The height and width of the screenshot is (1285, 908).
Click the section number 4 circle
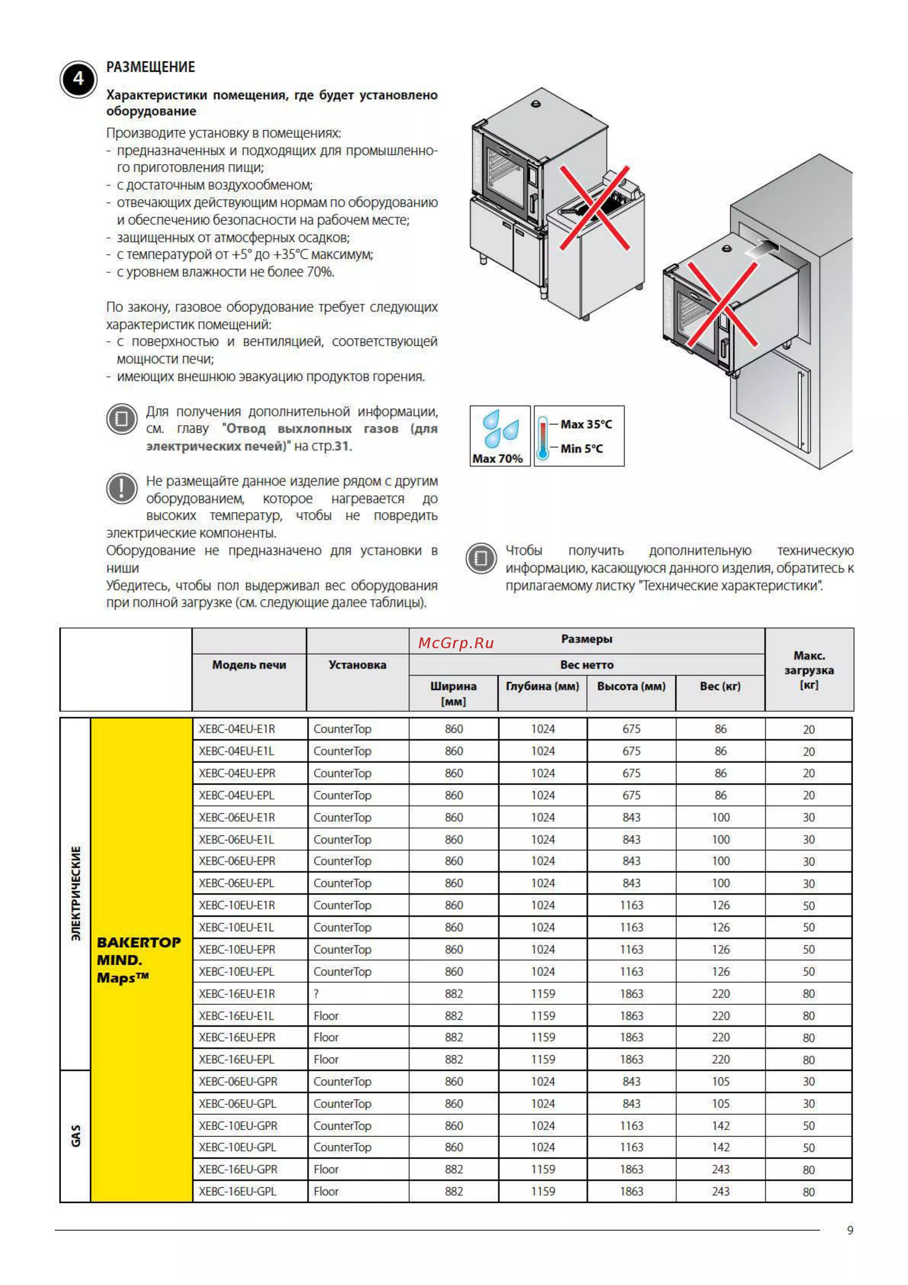pyautogui.click(x=78, y=79)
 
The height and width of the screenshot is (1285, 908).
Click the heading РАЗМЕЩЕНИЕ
pyautogui.click(x=151, y=67)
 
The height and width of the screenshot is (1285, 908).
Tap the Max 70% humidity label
pyautogui.click(x=497, y=458)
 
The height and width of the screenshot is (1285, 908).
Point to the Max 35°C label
pyautogui.click(x=586, y=424)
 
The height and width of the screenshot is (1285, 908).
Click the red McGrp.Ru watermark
pyautogui.click(x=456, y=643)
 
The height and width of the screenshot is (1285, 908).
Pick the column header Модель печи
pyautogui.click(x=249, y=665)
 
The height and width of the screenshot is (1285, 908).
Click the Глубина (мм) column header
pyautogui.click(x=542, y=686)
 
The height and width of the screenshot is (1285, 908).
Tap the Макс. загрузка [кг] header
pyautogui.click(x=808, y=670)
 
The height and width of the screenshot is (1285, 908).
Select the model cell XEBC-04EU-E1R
pyautogui.click(x=237, y=729)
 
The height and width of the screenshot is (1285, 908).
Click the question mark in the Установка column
pyautogui.click(x=316, y=994)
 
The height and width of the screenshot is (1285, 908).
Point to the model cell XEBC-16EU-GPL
pyautogui.click(x=237, y=1191)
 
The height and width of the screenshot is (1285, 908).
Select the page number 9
pyautogui.click(x=850, y=1230)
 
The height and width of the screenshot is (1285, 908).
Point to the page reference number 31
pyautogui.click(x=342, y=446)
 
